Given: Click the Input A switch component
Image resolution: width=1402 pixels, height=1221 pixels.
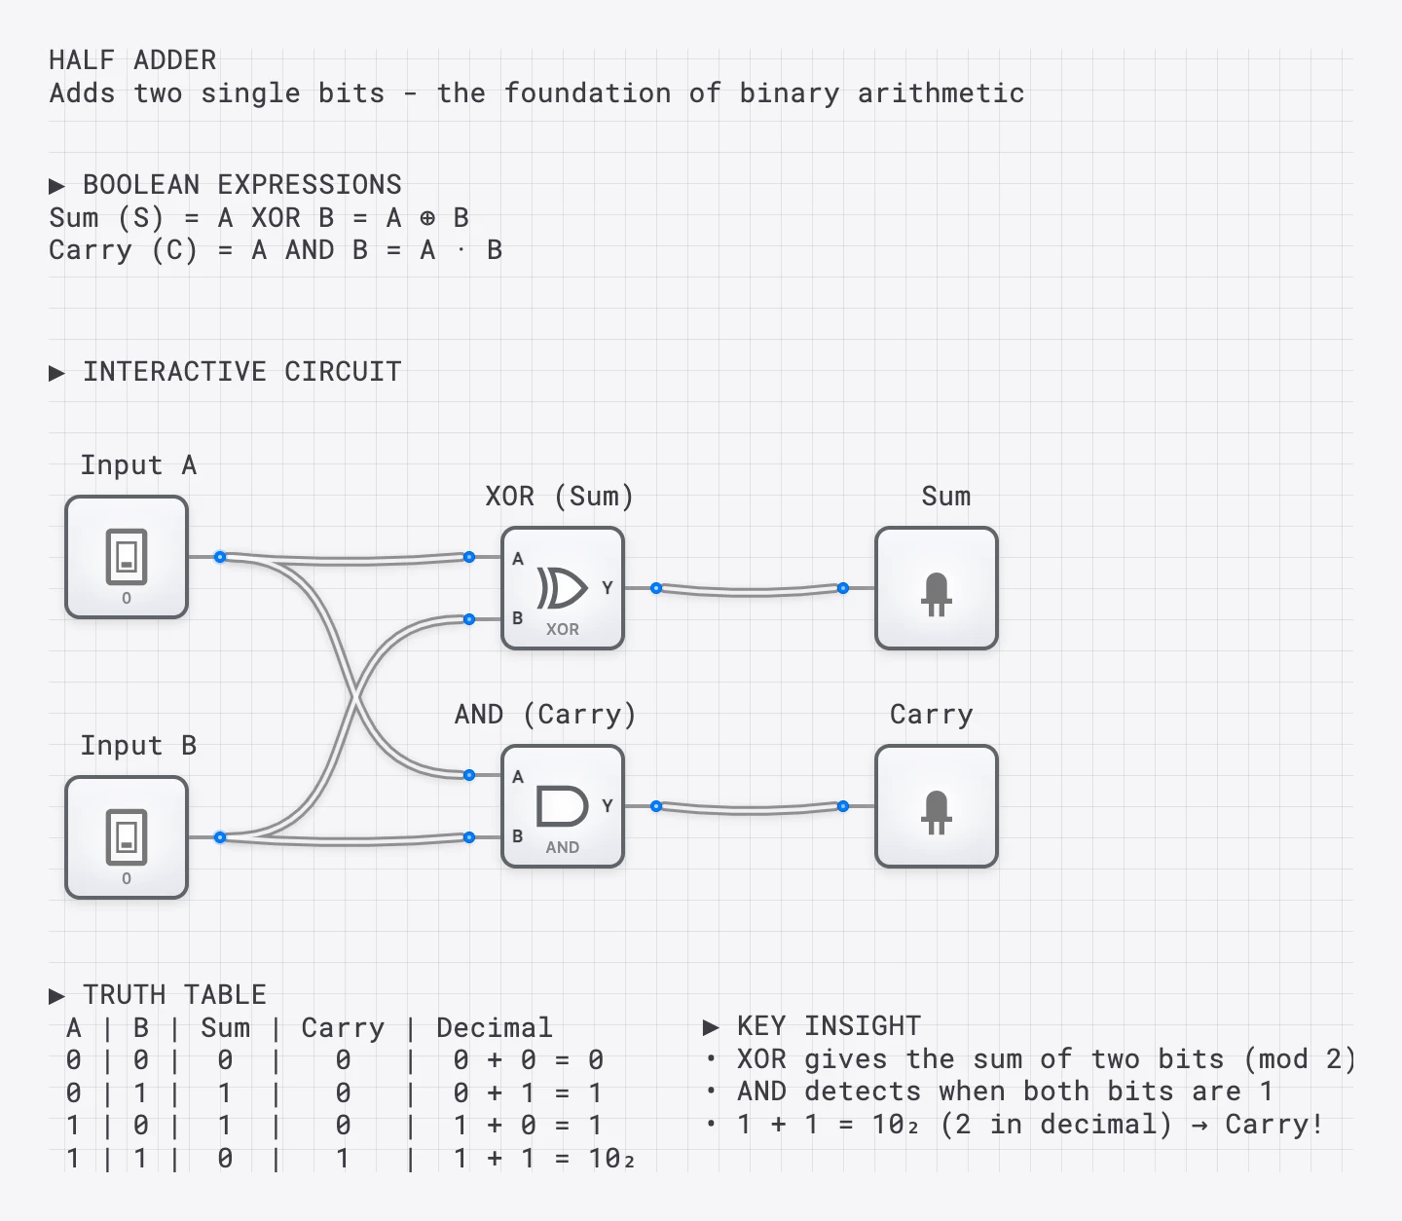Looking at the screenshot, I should [x=127, y=557].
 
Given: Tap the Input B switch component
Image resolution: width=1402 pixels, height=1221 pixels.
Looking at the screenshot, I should [x=127, y=837].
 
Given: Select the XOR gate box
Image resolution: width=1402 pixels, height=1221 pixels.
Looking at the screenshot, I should [x=563, y=588].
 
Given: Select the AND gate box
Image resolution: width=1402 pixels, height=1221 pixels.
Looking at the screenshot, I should [x=563, y=806].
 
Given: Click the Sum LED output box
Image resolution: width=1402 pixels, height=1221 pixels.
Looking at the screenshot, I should [x=937, y=588].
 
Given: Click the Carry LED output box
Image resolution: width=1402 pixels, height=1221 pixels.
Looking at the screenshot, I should [x=937, y=806].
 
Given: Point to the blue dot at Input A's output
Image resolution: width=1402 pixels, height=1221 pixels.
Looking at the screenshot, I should [x=220, y=557].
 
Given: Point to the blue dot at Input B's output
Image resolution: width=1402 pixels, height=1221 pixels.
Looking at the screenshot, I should [x=220, y=837].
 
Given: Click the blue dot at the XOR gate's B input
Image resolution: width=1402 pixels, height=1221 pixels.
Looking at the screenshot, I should [x=469, y=619].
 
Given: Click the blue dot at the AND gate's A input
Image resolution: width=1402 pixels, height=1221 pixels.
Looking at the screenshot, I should [x=469, y=775].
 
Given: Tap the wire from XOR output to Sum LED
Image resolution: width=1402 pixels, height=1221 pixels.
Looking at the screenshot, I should [x=750, y=591].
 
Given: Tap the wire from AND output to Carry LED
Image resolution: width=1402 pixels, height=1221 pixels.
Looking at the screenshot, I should [x=750, y=809].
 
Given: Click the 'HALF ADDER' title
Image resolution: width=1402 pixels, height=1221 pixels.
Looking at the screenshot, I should [x=132, y=60].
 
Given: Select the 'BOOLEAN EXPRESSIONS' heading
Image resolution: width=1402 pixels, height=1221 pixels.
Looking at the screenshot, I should [x=241, y=185].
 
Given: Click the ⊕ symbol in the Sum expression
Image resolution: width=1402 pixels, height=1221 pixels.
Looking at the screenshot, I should [x=427, y=219].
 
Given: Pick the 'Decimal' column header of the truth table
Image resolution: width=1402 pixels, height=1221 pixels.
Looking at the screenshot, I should [x=494, y=1028].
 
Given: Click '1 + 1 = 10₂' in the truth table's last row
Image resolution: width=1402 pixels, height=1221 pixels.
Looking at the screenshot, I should [x=543, y=1159].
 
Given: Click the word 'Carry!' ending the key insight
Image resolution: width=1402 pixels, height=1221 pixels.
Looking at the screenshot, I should [x=1273, y=1125].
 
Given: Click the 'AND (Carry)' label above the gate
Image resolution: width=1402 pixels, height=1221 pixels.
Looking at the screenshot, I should [x=544, y=715].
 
